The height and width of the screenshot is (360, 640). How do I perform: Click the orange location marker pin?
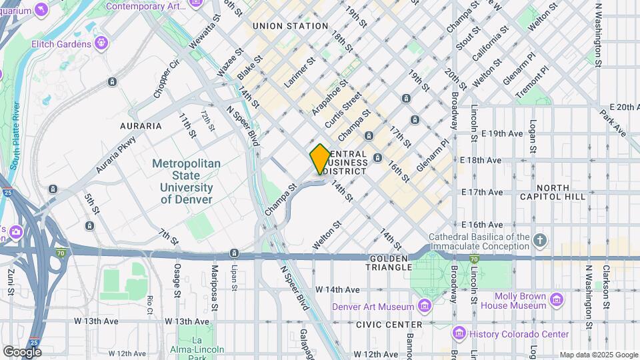click(x=320, y=159)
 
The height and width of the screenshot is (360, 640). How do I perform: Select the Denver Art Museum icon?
click(x=423, y=306)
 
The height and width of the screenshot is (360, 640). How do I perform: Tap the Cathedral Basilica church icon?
click(x=541, y=239)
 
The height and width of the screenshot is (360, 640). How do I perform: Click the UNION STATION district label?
click(x=290, y=26)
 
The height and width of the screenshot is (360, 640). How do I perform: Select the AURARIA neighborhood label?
click(x=141, y=125)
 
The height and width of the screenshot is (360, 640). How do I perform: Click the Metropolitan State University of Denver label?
click(x=187, y=181)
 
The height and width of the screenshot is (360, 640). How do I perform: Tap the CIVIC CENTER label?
click(x=389, y=324)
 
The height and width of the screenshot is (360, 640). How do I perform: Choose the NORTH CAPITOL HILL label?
click(x=561, y=192)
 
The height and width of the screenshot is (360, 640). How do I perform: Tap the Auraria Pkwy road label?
click(x=115, y=155)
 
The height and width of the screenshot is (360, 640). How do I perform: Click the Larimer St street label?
click(x=300, y=73)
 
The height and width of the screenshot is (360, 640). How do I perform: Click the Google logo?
click(x=22, y=351)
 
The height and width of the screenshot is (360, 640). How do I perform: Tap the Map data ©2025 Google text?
click(x=598, y=355)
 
